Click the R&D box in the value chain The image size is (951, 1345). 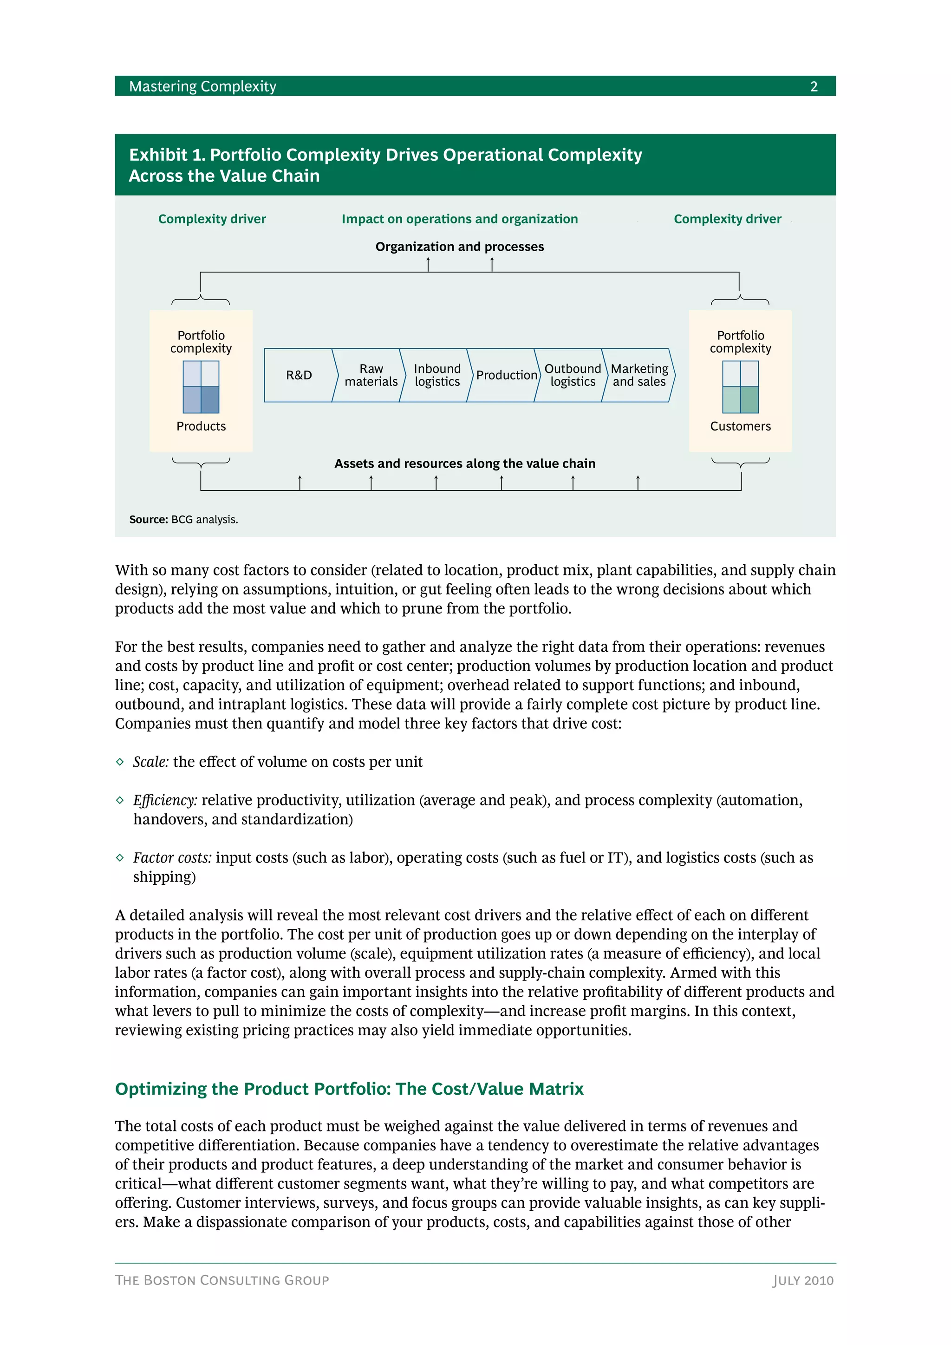pos(299,375)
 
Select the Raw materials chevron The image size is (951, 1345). pos(371,375)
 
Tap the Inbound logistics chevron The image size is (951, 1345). pos(437,375)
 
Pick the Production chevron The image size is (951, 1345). pos(506,375)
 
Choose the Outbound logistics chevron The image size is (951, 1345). pos(572,375)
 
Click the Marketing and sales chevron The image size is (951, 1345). pos(639,375)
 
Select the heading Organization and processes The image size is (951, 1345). pos(460,247)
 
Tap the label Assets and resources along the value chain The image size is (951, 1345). pos(464,464)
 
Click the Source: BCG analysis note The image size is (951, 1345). pos(183,520)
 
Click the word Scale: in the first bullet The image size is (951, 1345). pos(151,762)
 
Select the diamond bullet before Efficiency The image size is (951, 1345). pos(120,800)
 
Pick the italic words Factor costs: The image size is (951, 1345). pos(172,858)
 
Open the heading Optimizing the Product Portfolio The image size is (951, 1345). pos(349,1089)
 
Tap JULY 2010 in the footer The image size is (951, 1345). pos(803,1280)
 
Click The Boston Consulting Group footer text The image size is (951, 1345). pos(222,1280)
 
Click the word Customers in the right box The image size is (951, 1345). pos(740,426)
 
